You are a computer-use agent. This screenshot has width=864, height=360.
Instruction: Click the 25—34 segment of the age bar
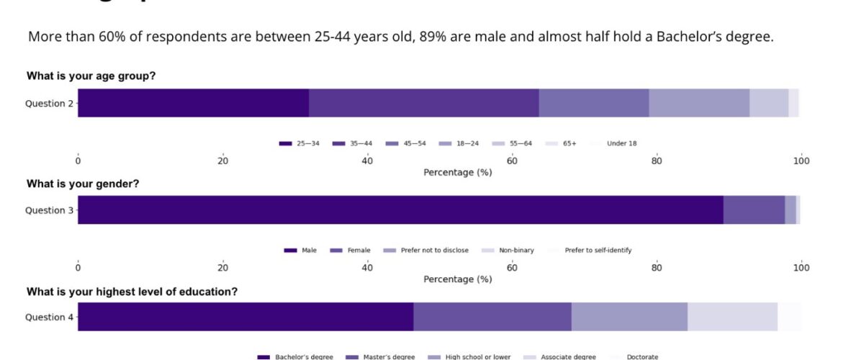[193, 103]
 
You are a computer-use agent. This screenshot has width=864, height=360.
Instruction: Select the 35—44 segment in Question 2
[423, 103]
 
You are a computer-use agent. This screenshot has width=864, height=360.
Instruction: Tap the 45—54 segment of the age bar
[594, 103]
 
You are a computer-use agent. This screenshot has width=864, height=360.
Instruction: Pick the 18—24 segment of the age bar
[699, 103]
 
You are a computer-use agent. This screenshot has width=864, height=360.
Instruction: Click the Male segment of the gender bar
[400, 210]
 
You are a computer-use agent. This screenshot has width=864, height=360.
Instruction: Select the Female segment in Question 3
[754, 210]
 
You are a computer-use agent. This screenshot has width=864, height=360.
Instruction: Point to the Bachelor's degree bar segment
[246, 317]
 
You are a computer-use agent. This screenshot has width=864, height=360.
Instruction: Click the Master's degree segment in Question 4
[492, 317]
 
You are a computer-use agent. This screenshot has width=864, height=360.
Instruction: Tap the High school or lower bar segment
[629, 317]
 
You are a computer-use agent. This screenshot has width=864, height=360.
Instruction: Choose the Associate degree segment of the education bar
[732, 317]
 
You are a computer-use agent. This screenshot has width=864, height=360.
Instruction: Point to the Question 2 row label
[49, 103]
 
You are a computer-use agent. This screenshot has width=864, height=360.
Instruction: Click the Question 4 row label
[49, 317]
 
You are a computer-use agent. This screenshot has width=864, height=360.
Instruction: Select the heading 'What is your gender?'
[83, 184]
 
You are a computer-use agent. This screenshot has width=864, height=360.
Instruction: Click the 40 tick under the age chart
[367, 161]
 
